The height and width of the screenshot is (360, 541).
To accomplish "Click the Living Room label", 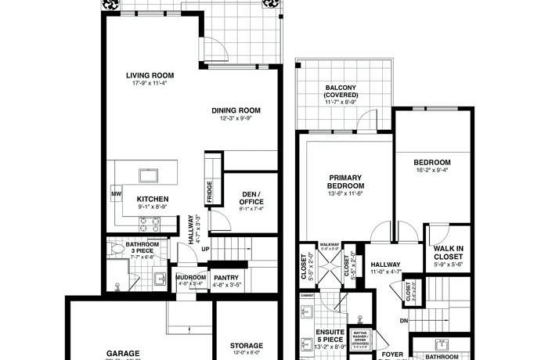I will click(x=150, y=76).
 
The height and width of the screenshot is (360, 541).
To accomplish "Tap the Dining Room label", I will click(x=236, y=110).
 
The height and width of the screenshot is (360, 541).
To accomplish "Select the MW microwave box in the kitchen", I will click(x=115, y=193).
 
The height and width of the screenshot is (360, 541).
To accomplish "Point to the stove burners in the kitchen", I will click(x=149, y=223).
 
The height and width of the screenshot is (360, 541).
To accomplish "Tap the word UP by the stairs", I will click(x=206, y=250).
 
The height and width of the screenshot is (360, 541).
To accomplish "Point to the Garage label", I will click(x=118, y=353).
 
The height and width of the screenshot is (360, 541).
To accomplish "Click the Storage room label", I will click(x=246, y=345).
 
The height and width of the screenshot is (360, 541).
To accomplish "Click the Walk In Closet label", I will click(x=449, y=254).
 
